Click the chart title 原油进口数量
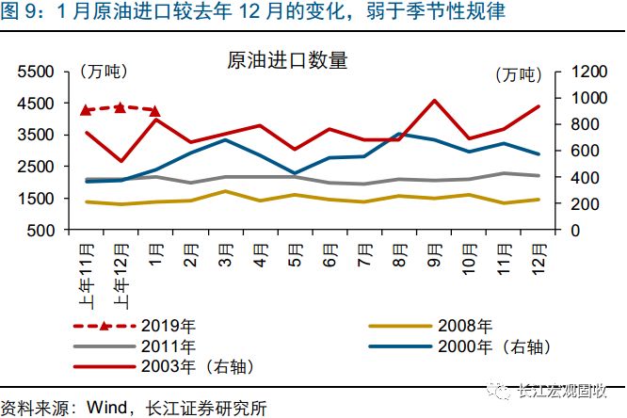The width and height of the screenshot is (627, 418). point(287,61)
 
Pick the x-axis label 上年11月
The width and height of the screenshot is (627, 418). point(86,273)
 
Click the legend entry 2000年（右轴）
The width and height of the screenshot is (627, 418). point(480,346)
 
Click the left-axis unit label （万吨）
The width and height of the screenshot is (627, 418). point(103,72)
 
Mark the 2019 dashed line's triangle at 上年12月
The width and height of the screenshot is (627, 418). point(121,107)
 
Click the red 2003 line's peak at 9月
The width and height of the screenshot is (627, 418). point(434,101)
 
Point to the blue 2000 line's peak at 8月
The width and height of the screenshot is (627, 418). point(398,134)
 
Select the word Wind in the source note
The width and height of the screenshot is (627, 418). point(110,408)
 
